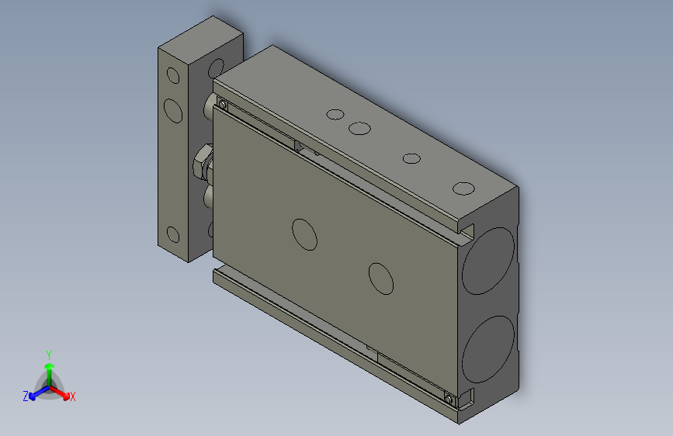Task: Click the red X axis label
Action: point(73,396)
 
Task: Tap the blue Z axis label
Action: point(26,396)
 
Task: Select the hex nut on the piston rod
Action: point(200,164)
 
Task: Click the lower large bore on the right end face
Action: point(488,344)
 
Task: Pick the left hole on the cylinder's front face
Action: point(304,234)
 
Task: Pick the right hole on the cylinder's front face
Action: point(381,279)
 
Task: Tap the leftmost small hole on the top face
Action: point(335,115)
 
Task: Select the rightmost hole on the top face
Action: point(463,189)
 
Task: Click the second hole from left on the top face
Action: point(359,128)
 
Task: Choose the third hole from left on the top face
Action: point(411,159)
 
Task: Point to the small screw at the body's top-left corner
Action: point(224,105)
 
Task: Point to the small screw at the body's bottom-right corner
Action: point(449,399)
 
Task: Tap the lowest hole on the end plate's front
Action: point(172,235)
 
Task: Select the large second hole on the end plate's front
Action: point(174,110)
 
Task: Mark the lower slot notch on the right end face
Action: point(467,399)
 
